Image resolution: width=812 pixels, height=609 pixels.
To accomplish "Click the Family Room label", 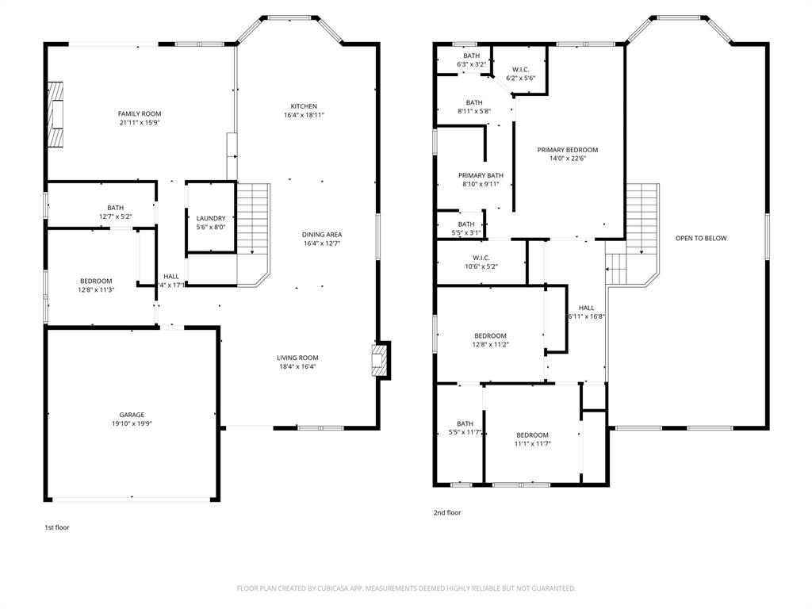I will pyautogui.click(x=140, y=114).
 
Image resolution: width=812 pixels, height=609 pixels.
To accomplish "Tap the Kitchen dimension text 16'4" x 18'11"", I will pyautogui.click(x=304, y=115).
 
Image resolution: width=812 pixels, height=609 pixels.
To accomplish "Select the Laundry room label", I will pyautogui.click(x=211, y=218).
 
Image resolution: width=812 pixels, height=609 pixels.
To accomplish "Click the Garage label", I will pyautogui.click(x=132, y=415).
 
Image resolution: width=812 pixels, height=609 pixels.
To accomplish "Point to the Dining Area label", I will pyautogui.click(x=322, y=235).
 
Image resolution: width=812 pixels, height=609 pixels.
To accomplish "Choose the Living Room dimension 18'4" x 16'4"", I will pyautogui.click(x=297, y=366).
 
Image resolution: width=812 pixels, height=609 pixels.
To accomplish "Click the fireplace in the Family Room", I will pyautogui.click(x=56, y=114).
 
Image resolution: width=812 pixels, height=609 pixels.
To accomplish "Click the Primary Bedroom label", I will pyautogui.click(x=567, y=150).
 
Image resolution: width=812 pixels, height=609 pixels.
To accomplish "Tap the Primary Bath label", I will pyautogui.click(x=481, y=175).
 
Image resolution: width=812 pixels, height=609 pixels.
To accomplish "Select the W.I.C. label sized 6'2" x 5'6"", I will pyautogui.click(x=521, y=70).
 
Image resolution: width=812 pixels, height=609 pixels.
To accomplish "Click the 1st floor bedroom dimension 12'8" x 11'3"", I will pyautogui.click(x=96, y=289).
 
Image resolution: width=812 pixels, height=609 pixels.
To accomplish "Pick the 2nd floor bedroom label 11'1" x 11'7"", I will pyautogui.click(x=532, y=435).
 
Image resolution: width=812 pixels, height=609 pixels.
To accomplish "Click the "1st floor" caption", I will pyautogui.click(x=56, y=527).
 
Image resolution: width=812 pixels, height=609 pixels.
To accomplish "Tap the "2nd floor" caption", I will pyautogui.click(x=447, y=513).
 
